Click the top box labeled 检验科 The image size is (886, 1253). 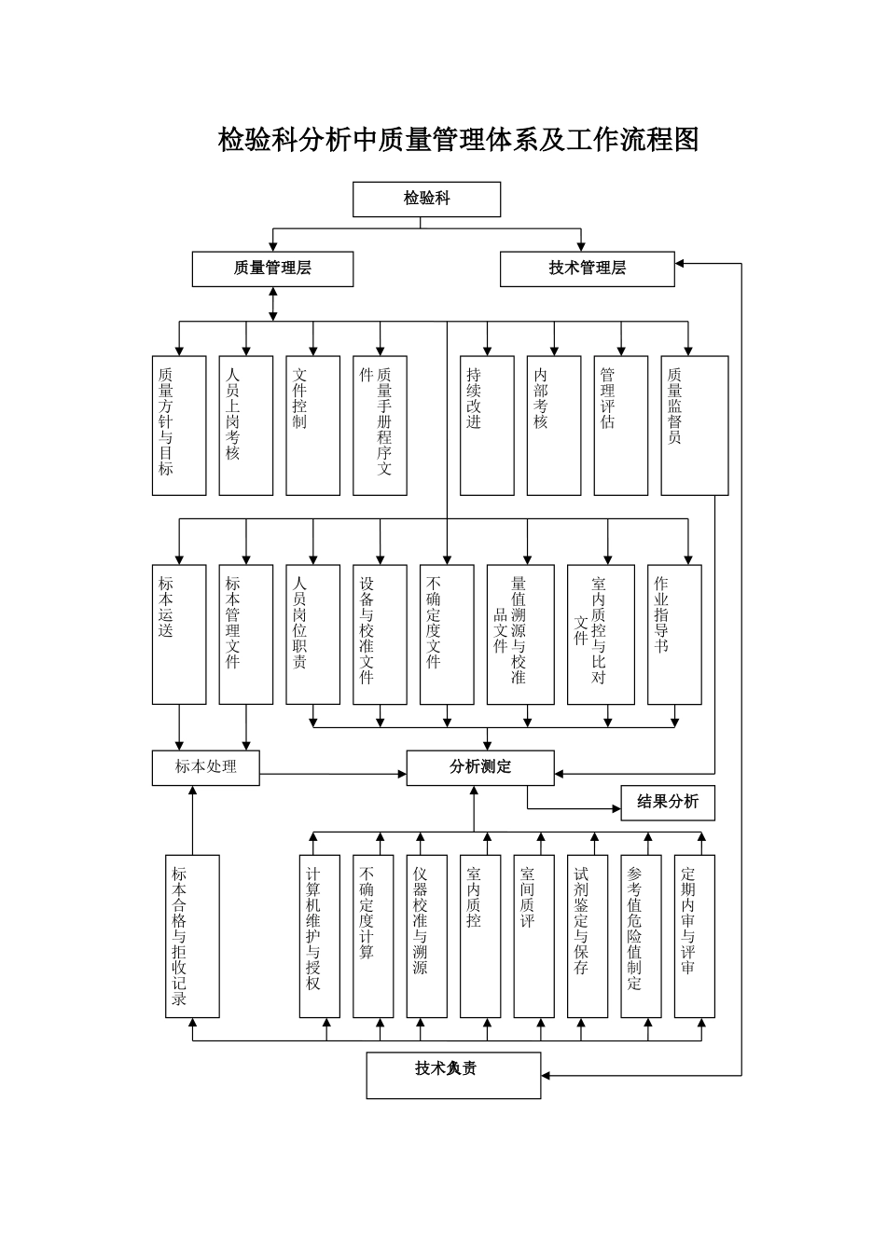[x=426, y=199]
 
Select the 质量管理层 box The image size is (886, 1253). [x=272, y=268]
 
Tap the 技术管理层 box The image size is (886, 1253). [x=587, y=268]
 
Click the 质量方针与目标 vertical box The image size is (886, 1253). [x=179, y=425]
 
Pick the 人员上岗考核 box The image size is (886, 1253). [x=246, y=425]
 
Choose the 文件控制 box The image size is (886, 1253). [x=312, y=425]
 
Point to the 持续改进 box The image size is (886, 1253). [x=487, y=425]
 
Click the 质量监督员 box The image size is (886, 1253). [x=694, y=425]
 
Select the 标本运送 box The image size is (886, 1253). [x=179, y=634]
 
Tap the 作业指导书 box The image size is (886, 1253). [x=674, y=634]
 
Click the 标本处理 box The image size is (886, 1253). [x=206, y=767]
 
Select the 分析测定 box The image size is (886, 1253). [x=480, y=767]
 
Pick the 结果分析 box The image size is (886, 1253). [x=668, y=802]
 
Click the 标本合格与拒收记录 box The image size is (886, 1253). [x=192, y=936]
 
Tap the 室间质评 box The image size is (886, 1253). [x=533, y=936]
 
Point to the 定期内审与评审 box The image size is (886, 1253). [x=694, y=936]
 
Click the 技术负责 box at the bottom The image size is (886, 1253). [x=453, y=1075]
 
